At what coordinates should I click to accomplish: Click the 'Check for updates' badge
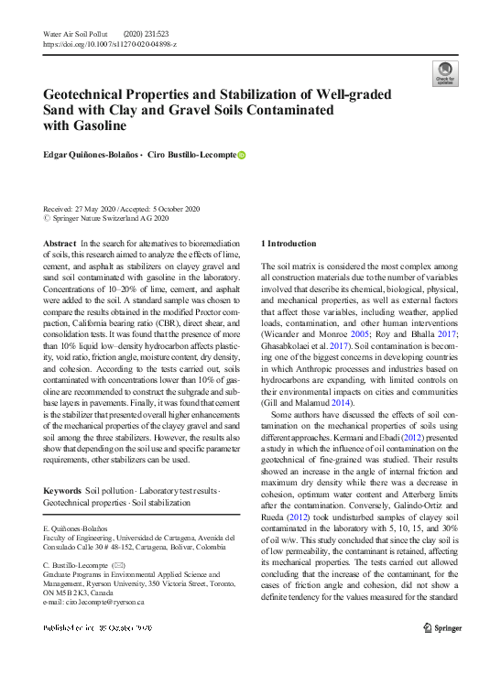(443, 74)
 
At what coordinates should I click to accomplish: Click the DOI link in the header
(110, 44)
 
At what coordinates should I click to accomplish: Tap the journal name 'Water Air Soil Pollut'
(76, 34)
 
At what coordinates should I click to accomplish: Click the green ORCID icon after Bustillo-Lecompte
(242, 156)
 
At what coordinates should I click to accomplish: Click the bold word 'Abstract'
(60, 244)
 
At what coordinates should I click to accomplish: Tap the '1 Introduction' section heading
(289, 244)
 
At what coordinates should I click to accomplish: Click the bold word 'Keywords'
(62, 491)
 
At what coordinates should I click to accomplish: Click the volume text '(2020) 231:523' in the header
(152, 34)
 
